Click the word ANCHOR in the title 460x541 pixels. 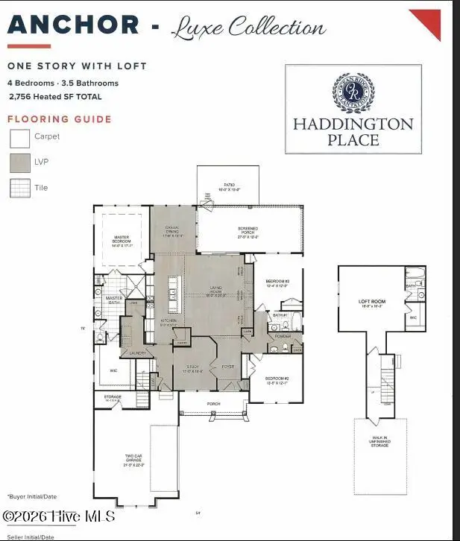[x=73, y=25]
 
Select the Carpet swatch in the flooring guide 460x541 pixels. [x=19, y=138]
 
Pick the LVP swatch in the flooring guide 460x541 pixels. [x=19, y=163]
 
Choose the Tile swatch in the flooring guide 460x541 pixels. [x=19, y=189]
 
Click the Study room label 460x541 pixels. [x=193, y=367]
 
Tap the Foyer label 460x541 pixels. [x=229, y=367]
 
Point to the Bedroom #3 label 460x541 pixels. [x=277, y=284]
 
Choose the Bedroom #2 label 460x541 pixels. [x=277, y=380]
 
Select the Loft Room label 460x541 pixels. [x=371, y=303]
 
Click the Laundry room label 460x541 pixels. [x=136, y=352]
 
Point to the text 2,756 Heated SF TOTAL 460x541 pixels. [x=54, y=97]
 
